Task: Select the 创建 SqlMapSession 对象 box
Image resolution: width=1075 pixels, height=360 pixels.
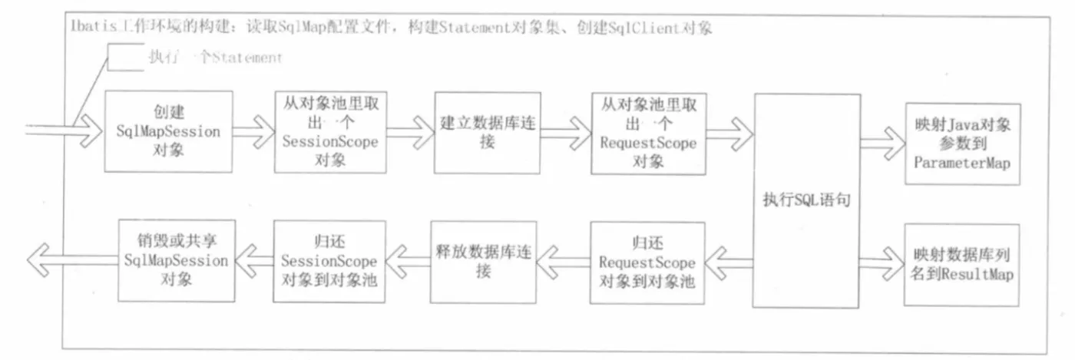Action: coord(168,131)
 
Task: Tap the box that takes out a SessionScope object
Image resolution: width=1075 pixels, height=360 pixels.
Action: coord(329,132)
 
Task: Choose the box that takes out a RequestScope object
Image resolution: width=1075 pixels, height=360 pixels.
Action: coord(648,133)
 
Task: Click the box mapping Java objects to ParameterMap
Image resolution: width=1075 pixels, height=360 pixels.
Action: coord(962,144)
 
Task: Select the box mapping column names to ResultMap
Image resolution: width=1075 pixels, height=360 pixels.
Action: coord(962,263)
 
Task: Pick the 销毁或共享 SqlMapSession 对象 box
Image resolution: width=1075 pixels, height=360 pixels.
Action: coord(176,259)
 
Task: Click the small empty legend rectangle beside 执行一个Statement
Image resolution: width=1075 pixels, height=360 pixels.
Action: coord(125,58)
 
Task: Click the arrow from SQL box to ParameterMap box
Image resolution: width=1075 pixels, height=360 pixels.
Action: coord(881,143)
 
